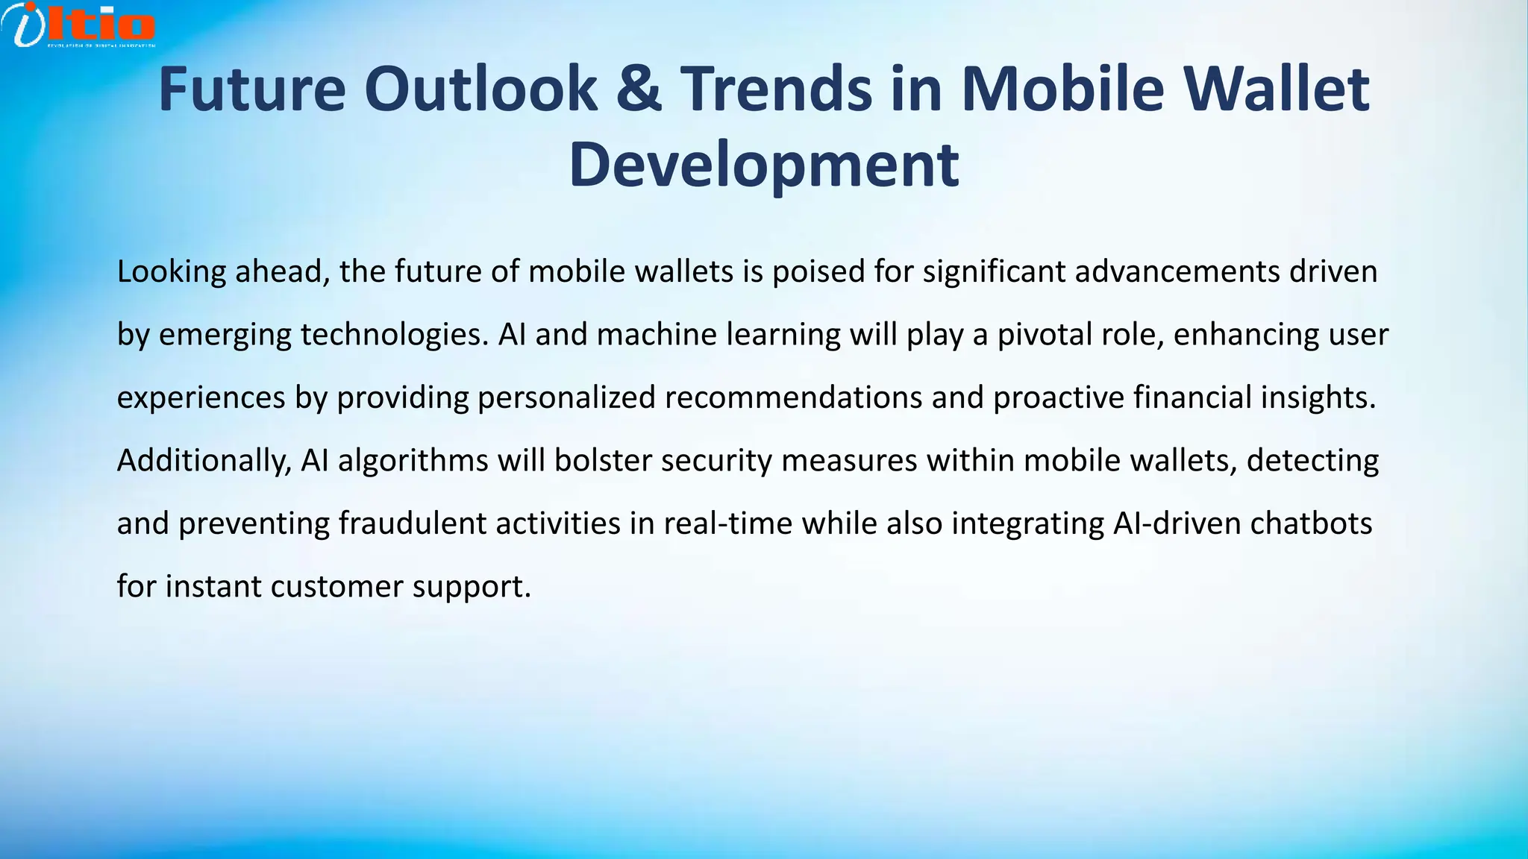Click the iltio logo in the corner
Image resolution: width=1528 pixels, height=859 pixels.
[78, 24]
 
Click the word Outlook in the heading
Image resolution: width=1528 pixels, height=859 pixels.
[480, 89]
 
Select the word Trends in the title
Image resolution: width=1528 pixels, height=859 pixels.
[777, 89]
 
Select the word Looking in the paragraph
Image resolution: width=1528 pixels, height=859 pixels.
[172, 272]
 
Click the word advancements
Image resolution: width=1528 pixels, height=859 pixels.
[1177, 272]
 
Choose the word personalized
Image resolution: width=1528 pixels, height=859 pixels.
[566, 398]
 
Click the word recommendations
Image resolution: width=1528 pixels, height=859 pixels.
[793, 398]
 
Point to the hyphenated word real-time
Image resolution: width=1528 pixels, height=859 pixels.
[727, 523]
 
